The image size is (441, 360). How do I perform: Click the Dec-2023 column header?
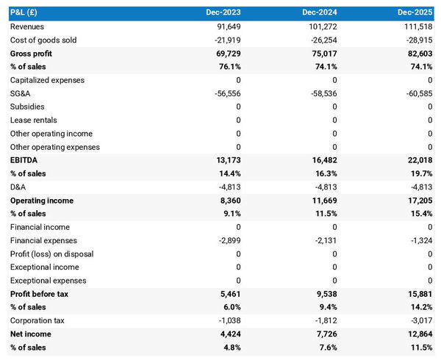[x=223, y=13]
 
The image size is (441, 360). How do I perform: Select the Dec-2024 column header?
[x=320, y=13]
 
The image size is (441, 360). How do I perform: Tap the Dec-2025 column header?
[x=415, y=13]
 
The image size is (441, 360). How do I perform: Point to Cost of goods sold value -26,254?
[x=320, y=40]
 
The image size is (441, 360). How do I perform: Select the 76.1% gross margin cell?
[x=227, y=67]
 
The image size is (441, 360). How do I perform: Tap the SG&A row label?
[x=21, y=93]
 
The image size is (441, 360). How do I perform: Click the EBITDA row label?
[x=24, y=160]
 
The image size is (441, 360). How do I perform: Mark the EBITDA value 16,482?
[x=323, y=160]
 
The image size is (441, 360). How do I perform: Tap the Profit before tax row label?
[x=39, y=294]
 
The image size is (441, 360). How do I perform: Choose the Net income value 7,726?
[x=324, y=334]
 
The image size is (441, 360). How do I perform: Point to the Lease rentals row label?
[x=33, y=120]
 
